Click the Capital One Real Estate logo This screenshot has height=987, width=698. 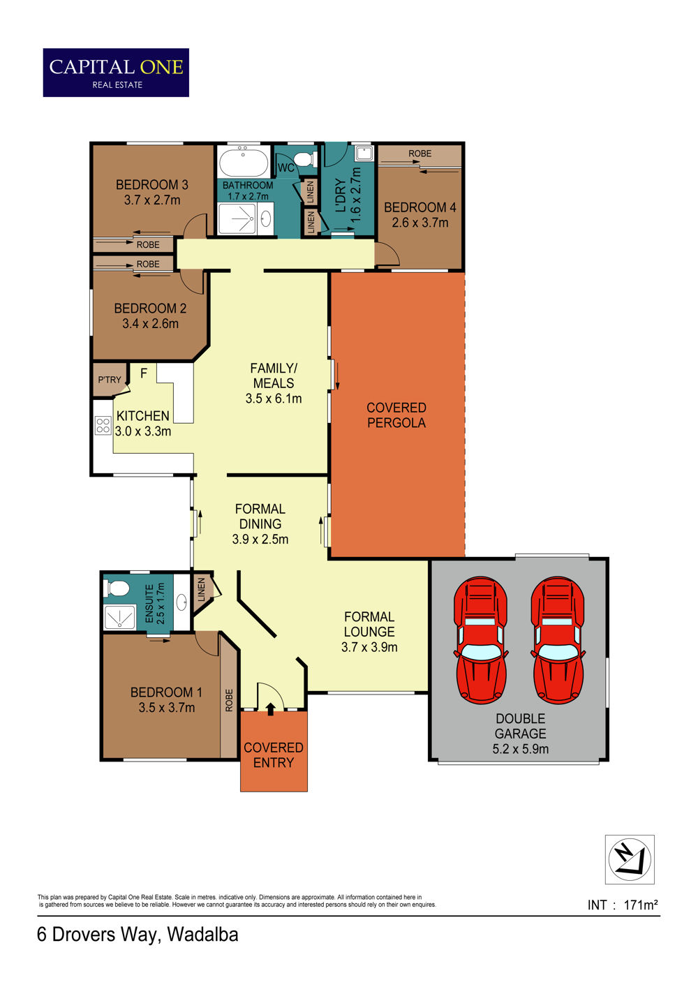pyautogui.click(x=116, y=73)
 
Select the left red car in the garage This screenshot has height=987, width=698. pyautogui.click(x=481, y=639)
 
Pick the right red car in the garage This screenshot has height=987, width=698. pyautogui.click(x=558, y=639)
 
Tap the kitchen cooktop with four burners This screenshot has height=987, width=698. pyautogui.click(x=103, y=425)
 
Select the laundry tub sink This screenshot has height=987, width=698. pyautogui.click(x=364, y=154)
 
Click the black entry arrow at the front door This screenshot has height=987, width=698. pyautogui.click(x=271, y=708)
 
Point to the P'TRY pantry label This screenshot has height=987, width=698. pyautogui.click(x=110, y=380)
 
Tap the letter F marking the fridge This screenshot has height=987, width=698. pyautogui.click(x=144, y=373)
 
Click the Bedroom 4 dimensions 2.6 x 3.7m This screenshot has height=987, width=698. pyautogui.click(x=420, y=223)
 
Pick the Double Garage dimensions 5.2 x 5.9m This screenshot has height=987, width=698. pyautogui.click(x=521, y=748)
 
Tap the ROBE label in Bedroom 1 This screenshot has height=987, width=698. pyautogui.click(x=229, y=700)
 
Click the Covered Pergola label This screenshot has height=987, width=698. pyautogui.click(x=396, y=415)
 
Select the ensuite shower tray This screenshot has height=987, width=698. pyautogui.click(x=119, y=617)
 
